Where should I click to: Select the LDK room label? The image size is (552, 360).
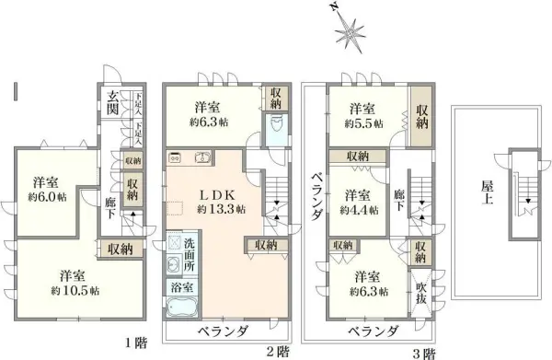(x=219, y=194)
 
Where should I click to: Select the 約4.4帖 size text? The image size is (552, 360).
(x=357, y=210)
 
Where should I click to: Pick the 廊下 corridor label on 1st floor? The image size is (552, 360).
(x=111, y=206)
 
